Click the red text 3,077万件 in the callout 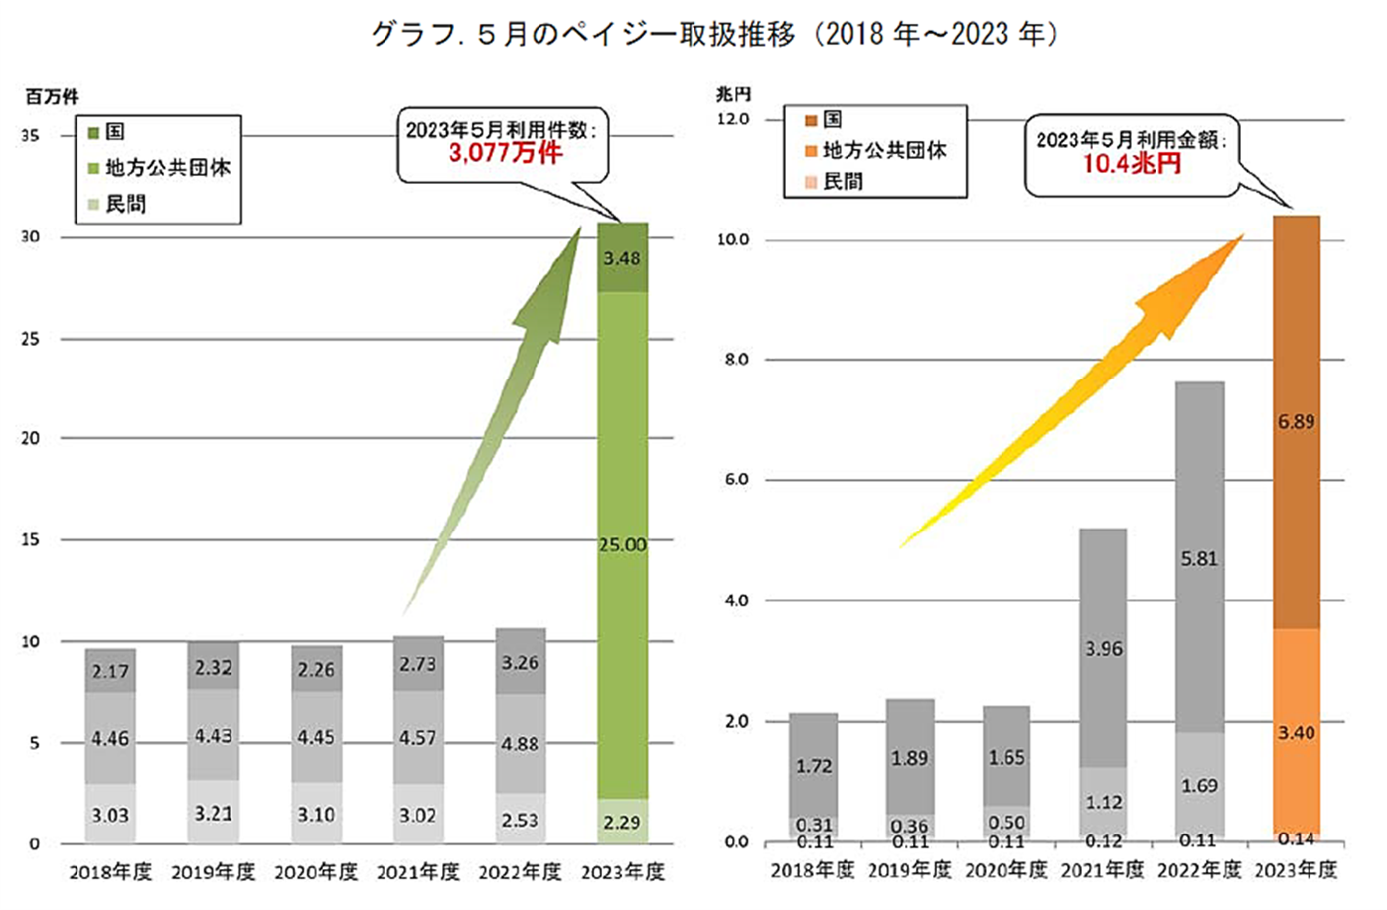click(505, 153)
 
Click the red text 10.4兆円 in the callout click(1132, 164)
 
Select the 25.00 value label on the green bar click(622, 544)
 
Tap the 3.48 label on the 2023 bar click(622, 258)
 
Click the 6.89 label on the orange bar click(1296, 422)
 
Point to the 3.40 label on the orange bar click(1296, 733)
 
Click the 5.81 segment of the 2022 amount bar click(1199, 559)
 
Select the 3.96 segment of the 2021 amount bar click(1103, 649)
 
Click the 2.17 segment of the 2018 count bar click(110, 671)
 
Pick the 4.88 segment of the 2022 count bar click(520, 743)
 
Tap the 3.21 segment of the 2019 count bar click(213, 813)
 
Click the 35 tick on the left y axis click(30, 136)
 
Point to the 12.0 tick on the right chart click(733, 119)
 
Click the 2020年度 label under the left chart click(316, 872)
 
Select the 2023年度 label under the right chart click(1296, 870)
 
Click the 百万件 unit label click(52, 96)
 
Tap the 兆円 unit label click(733, 94)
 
